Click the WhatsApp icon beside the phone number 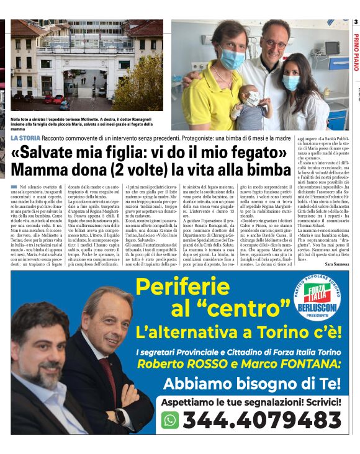(170, 419)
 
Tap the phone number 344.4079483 (261, 420)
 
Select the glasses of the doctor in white (273, 44)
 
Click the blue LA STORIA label (25, 138)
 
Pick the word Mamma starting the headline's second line (38, 169)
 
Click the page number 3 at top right (355, 23)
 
